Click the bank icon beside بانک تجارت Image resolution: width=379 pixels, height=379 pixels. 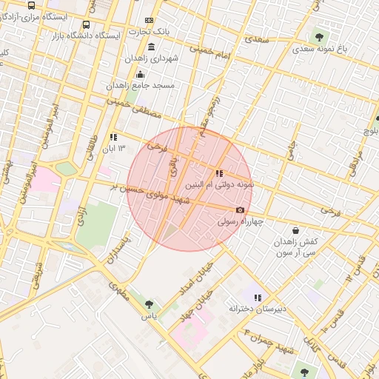point(150,21)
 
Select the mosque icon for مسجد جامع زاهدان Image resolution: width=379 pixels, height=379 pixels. point(141,74)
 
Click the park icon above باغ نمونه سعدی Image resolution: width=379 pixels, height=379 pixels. point(319,36)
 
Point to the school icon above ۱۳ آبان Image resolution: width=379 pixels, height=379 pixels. point(113,137)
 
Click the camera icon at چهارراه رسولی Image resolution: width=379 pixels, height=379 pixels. point(240,209)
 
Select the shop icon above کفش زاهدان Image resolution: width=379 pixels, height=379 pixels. point(296,230)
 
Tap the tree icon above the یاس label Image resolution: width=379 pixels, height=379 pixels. point(150,304)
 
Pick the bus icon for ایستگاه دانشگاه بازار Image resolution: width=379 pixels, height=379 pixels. point(87,24)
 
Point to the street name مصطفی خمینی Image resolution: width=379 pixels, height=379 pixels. point(134,103)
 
